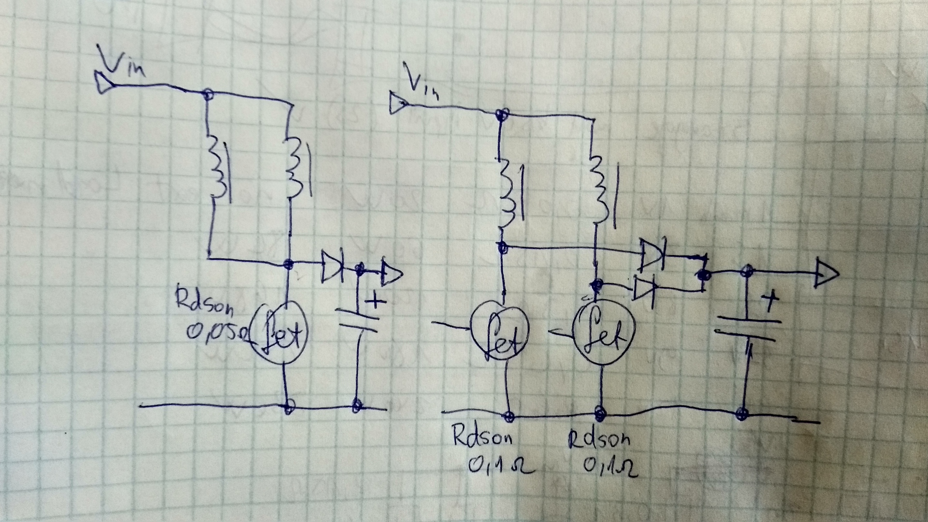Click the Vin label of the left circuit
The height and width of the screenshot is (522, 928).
click(121, 60)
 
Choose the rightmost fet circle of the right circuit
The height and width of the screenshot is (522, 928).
click(603, 333)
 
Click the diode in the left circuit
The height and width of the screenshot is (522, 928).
click(333, 265)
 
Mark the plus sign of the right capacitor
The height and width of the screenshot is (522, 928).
click(771, 300)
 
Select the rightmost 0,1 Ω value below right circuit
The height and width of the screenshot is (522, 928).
click(610, 467)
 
